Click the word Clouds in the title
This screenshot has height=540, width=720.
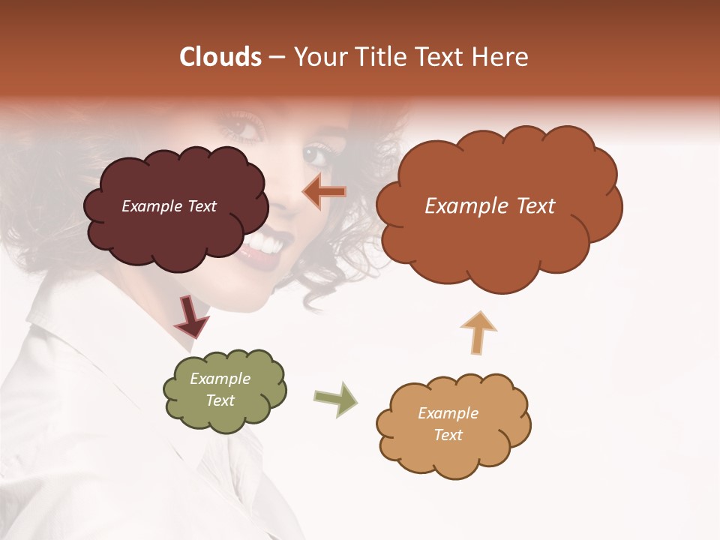tap(220, 57)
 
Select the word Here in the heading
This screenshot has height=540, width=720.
tap(502, 57)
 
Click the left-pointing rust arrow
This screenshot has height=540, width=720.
tap(324, 192)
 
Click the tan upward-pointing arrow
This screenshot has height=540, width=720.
tap(478, 332)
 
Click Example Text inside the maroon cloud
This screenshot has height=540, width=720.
tap(169, 206)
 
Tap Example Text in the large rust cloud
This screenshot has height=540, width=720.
tap(490, 206)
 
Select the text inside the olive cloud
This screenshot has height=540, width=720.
tap(220, 389)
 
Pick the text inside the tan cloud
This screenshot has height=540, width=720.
tap(448, 424)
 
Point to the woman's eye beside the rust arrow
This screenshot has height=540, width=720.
tap(315, 156)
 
